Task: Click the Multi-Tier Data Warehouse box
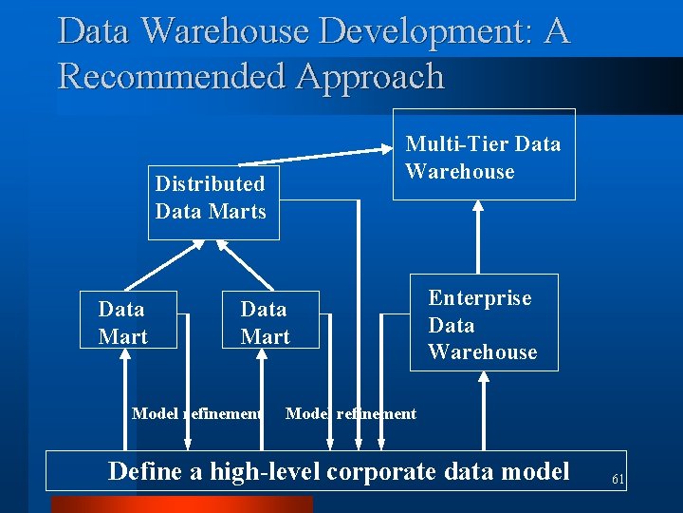484,155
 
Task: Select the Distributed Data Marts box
212,202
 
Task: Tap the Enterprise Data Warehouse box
484,323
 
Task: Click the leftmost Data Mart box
127,321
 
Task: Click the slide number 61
618,480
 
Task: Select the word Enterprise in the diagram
479,298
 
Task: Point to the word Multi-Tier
450,144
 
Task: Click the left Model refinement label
196,413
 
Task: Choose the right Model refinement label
351,413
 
